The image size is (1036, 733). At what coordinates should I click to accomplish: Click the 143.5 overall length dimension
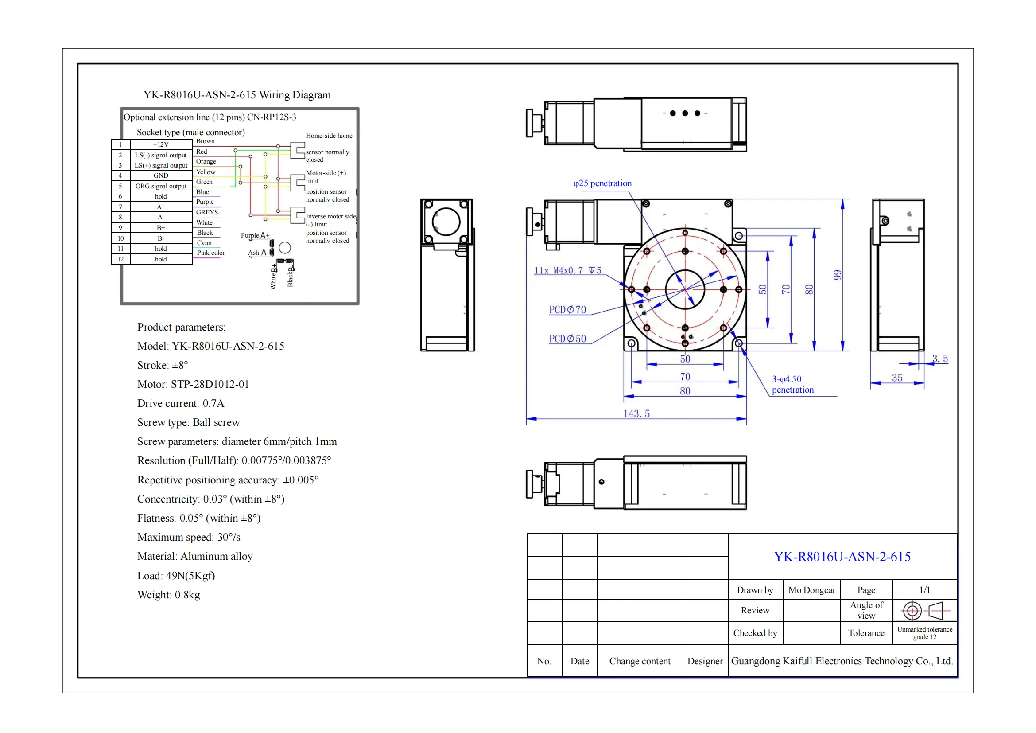pos(636,413)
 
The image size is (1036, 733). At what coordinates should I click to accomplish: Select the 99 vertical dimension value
pos(837,275)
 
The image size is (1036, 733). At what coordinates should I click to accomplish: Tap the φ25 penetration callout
pos(602,183)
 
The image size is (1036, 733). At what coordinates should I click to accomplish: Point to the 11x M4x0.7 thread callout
pos(568,270)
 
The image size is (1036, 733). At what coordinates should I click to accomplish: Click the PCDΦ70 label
pos(568,310)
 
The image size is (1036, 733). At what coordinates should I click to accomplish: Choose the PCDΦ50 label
pos(568,339)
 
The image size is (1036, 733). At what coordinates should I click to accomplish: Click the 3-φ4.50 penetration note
pos(792,385)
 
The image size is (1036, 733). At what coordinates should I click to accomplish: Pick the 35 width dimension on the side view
pos(897,378)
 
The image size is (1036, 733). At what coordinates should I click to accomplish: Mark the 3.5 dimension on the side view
pos(940,359)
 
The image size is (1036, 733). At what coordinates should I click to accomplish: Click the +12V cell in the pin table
pos(161,144)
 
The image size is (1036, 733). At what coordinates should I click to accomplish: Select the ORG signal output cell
pos(161,186)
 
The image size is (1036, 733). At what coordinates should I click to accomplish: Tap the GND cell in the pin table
pos(161,175)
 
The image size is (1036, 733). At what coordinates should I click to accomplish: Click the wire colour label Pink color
pos(211,253)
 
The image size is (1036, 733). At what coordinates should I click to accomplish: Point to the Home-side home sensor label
pos(329,136)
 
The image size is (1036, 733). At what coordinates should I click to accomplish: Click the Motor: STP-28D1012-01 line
pos(193,384)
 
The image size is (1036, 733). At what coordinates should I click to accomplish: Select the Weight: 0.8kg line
pos(168,594)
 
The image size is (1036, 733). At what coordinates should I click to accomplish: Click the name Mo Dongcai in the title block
pos(811,590)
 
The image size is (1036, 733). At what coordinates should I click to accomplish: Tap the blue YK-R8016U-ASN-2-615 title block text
pos(842,557)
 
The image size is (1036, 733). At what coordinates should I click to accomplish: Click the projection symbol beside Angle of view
pos(925,611)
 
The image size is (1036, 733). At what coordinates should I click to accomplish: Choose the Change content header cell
pos(640,661)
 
